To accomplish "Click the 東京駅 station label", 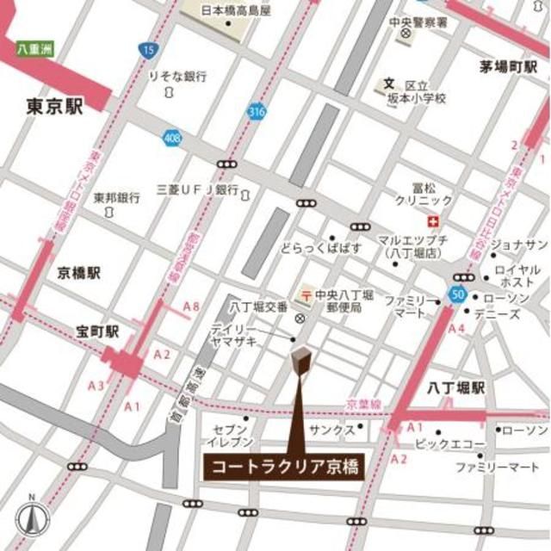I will [x=55, y=107].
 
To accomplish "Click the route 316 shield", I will [x=256, y=111].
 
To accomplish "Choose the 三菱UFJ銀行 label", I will [x=197, y=189].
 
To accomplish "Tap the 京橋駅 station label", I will [x=79, y=273].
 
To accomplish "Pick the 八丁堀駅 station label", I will [x=455, y=388].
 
